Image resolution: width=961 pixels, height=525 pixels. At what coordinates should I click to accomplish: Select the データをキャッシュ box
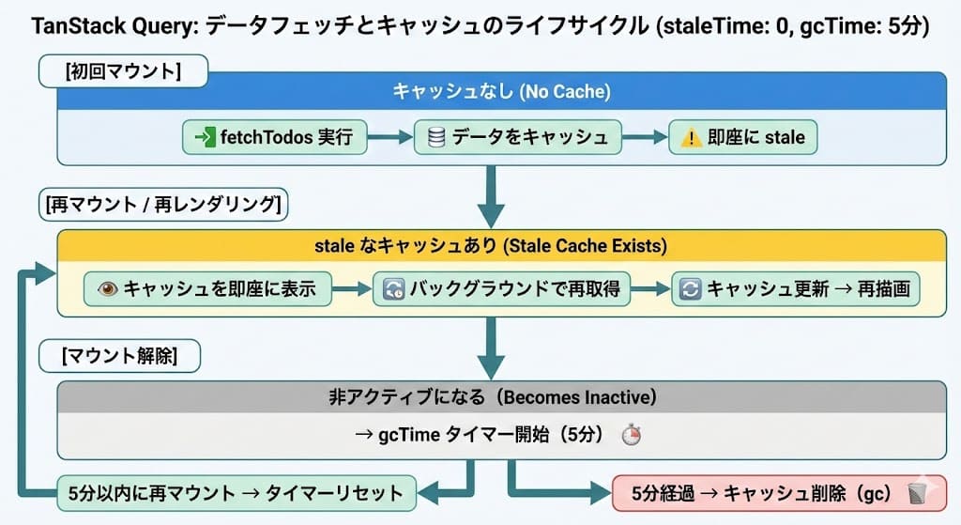click(518, 137)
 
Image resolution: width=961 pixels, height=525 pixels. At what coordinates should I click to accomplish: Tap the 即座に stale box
click(742, 137)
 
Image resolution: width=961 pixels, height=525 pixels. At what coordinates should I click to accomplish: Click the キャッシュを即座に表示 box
click(207, 289)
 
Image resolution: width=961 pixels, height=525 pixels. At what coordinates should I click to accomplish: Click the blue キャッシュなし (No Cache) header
click(501, 91)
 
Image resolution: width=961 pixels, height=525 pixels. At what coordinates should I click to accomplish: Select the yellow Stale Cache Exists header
click(501, 245)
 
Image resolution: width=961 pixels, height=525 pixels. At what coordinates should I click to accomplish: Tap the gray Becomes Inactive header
click(501, 396)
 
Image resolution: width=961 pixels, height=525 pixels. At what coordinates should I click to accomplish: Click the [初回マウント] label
click(123, 70)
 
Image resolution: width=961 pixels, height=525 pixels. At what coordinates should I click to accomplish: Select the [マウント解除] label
click(119, 356)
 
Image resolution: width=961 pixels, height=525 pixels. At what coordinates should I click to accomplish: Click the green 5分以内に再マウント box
click(235, 492)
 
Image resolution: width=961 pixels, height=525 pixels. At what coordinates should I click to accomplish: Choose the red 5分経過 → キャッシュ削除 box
click(778, 492)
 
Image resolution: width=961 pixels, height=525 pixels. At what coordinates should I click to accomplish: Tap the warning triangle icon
click(691, 138)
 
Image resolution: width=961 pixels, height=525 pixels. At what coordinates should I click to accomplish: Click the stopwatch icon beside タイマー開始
click(632, 436)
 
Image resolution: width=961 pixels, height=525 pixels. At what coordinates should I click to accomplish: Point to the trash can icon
click(917, 492)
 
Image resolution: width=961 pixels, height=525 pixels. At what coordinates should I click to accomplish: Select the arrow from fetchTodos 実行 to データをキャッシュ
click(389, 138)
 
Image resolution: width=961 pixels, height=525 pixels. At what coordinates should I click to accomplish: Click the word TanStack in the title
click(71, 26)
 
